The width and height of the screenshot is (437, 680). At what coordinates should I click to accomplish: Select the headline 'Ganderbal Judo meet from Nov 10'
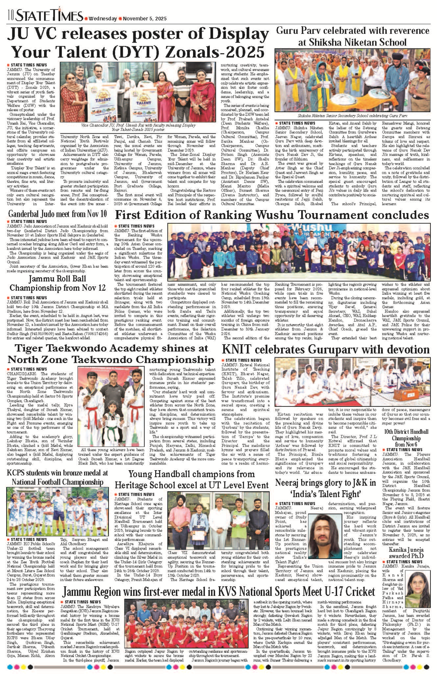point(58,213)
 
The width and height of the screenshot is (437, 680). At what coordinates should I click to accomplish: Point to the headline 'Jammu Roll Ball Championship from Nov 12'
point(58,283)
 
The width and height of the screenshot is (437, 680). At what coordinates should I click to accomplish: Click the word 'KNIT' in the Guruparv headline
point(237,349)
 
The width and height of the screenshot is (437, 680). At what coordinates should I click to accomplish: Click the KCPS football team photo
point(57,512)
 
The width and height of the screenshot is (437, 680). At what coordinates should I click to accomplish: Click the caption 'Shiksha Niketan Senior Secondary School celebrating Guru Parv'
point(352,116)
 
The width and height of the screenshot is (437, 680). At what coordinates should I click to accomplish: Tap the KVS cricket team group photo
point(186,622)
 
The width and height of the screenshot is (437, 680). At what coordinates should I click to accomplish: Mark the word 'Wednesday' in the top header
point(103,19)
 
